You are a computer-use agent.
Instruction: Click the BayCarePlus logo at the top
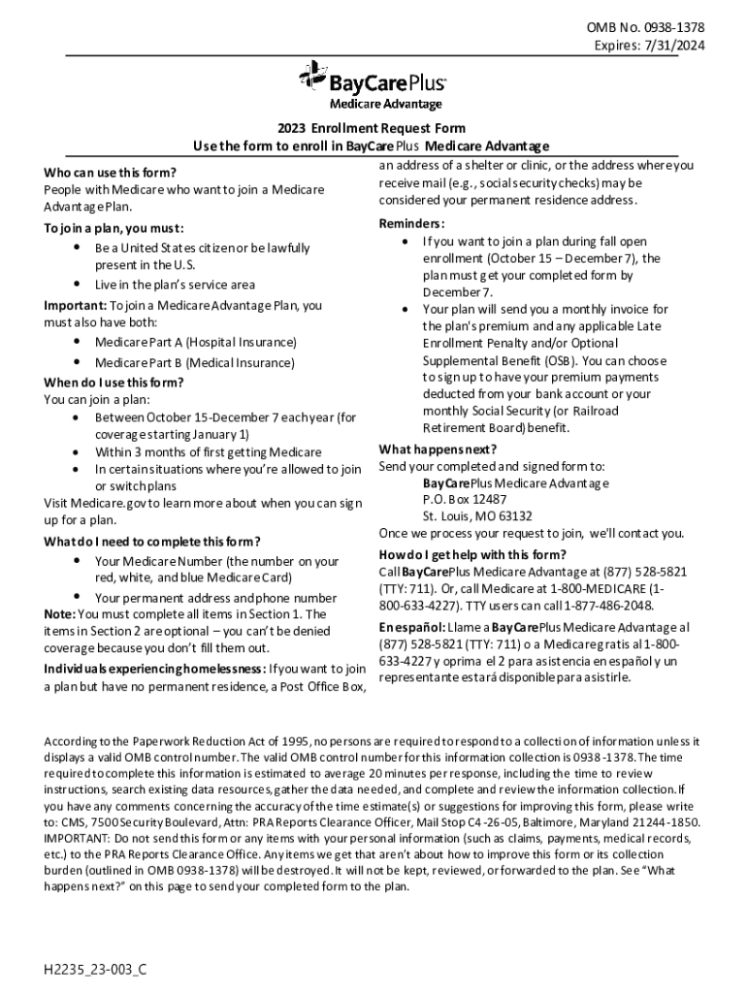[373, 79]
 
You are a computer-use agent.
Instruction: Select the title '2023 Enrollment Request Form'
[372, 128]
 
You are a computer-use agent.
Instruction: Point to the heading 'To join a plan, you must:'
[114, 229]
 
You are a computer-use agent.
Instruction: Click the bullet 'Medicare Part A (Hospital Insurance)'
[195, 343]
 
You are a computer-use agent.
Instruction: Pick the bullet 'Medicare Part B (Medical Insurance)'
[194, 362]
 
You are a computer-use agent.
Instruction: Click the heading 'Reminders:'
[412, 223]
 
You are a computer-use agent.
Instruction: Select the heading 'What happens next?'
[438, 448]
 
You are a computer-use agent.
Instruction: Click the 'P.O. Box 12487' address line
[465, 499]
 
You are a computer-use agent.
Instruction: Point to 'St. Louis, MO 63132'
[477, 516]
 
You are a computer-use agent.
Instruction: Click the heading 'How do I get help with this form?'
[466, 554]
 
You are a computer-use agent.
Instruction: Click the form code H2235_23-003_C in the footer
[95, 970]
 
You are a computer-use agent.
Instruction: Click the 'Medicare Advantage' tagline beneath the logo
[385, 104]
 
